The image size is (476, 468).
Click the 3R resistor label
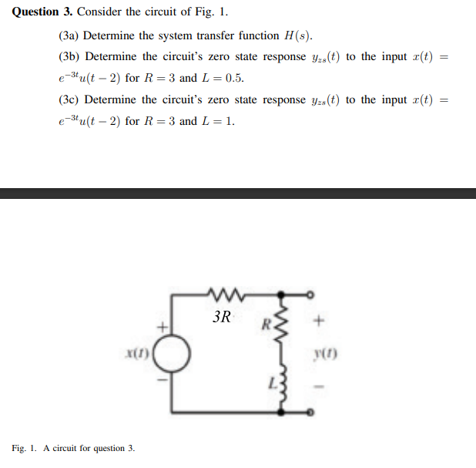[221, 317]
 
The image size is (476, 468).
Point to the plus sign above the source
[163, 328]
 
